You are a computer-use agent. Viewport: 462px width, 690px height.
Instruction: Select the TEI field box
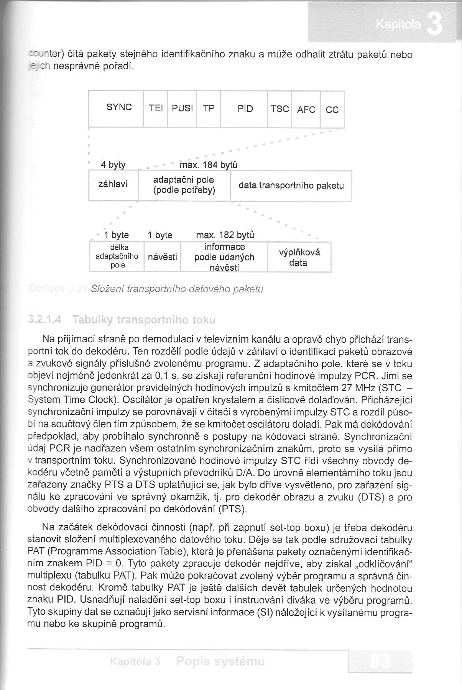(x=156, y=109)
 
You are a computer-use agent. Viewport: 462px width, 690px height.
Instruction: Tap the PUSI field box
(x=182, y=109)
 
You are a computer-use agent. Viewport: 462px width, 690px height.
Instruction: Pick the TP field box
(x=209, y=109)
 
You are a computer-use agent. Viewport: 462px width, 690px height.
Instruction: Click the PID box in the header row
(x=244, y=109)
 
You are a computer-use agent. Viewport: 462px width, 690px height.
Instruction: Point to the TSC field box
(x=280, y=109)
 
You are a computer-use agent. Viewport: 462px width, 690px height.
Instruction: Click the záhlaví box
(x=113, y=186)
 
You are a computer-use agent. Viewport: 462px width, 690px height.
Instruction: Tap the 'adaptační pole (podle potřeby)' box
(x=184, y=186)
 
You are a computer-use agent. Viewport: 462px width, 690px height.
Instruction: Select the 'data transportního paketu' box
(x=291, y=186)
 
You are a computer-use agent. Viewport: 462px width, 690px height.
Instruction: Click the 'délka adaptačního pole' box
(x=117, y=257)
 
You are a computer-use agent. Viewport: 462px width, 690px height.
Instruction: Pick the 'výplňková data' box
(x=299, y=257)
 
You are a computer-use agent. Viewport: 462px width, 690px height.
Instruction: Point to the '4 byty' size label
(x=113, y=165)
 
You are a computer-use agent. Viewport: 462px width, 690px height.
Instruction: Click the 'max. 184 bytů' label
(x=209, y=165)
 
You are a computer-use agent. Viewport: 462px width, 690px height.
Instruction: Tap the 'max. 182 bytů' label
(x=225, y=235)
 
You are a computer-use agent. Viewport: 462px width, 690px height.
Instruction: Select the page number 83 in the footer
(x=380, y=662)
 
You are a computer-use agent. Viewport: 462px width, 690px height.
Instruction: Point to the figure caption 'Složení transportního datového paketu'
(x=177, y=289)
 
